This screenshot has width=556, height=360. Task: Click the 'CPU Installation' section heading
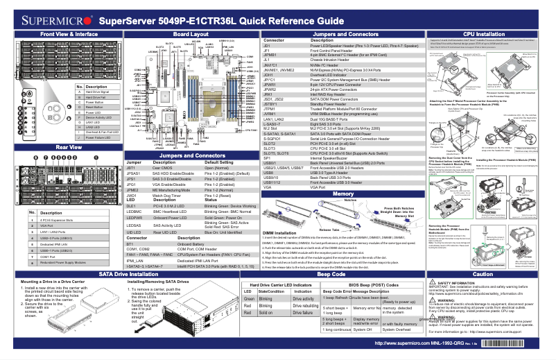click(483, 33)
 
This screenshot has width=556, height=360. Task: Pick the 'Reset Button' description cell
click(94, 108)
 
